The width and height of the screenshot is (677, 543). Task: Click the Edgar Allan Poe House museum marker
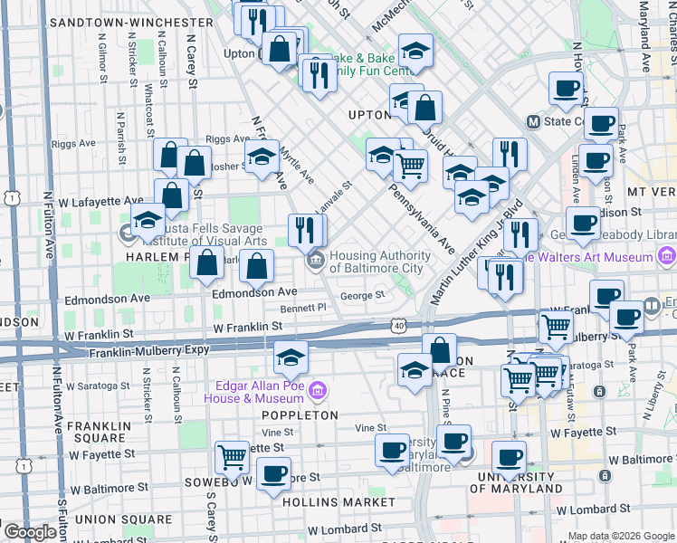[317, 392]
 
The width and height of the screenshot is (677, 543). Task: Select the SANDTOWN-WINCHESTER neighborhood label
[132, 22]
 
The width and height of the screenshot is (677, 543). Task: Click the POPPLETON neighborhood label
[300, 415]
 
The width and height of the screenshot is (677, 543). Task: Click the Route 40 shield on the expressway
[399, 324]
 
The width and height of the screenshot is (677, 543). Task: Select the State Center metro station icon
[534, 121]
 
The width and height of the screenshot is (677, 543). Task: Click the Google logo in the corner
[31, 532]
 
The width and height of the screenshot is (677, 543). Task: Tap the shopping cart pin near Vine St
[233, 459]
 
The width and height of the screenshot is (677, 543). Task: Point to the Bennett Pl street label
[303, 309]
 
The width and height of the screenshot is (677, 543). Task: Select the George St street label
[363, 295]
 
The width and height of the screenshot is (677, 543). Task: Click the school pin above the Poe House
[291, 358]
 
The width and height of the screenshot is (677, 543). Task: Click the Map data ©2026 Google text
[622, 536]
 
